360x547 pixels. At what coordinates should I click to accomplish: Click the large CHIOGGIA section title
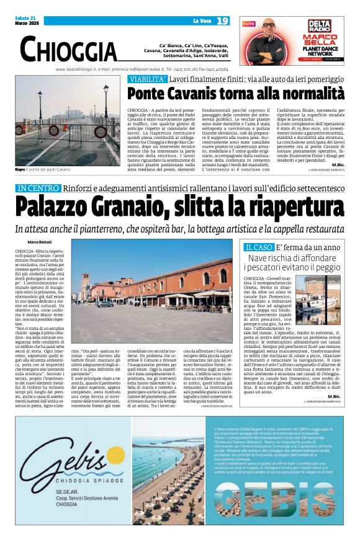pyautogui.click(x=68, y=49)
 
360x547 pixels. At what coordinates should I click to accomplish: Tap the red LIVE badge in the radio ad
pyautogui.click(x=249, y=24)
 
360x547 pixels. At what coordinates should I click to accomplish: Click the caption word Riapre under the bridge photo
pyautogui.click(x=21, y=169)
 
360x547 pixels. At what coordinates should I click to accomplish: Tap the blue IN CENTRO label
pyautogui.click(x=38, y=188)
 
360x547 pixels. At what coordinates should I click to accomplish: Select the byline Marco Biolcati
pyautogui.click(x=40, y=241)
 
